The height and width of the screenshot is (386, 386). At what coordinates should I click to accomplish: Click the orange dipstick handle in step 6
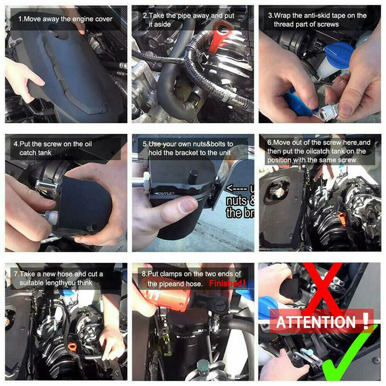click(x=342, y=219)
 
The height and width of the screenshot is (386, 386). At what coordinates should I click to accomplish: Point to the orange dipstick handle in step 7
click(x=72, y=347)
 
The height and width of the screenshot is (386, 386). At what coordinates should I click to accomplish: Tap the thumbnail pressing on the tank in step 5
click(x=189, y=205)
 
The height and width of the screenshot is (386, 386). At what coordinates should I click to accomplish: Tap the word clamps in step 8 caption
click(x=174, y=274)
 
